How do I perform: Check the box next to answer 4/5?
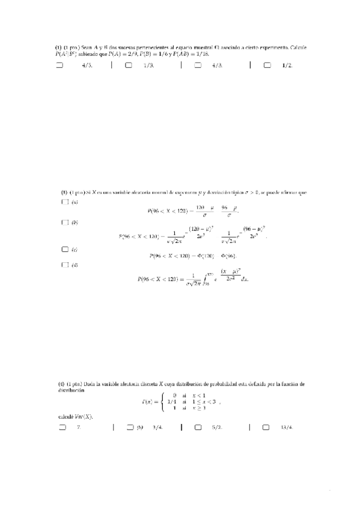click(x=59, y=66)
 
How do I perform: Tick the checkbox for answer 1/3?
click(x=129, y=66)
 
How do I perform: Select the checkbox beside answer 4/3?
click(x=198, y=66)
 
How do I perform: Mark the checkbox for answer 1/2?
click(x=267, y=66)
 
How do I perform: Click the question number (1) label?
click(x=58, y=47)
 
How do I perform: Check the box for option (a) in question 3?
click(x=64, y=203)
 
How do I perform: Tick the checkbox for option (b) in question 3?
click(x=64, y=223)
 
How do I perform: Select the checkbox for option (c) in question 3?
click(x=64, y=249)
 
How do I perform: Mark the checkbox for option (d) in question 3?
click(x=64, y=265)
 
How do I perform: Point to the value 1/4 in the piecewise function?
click(x=171, y=401)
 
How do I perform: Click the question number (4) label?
click(x=61, y=383)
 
